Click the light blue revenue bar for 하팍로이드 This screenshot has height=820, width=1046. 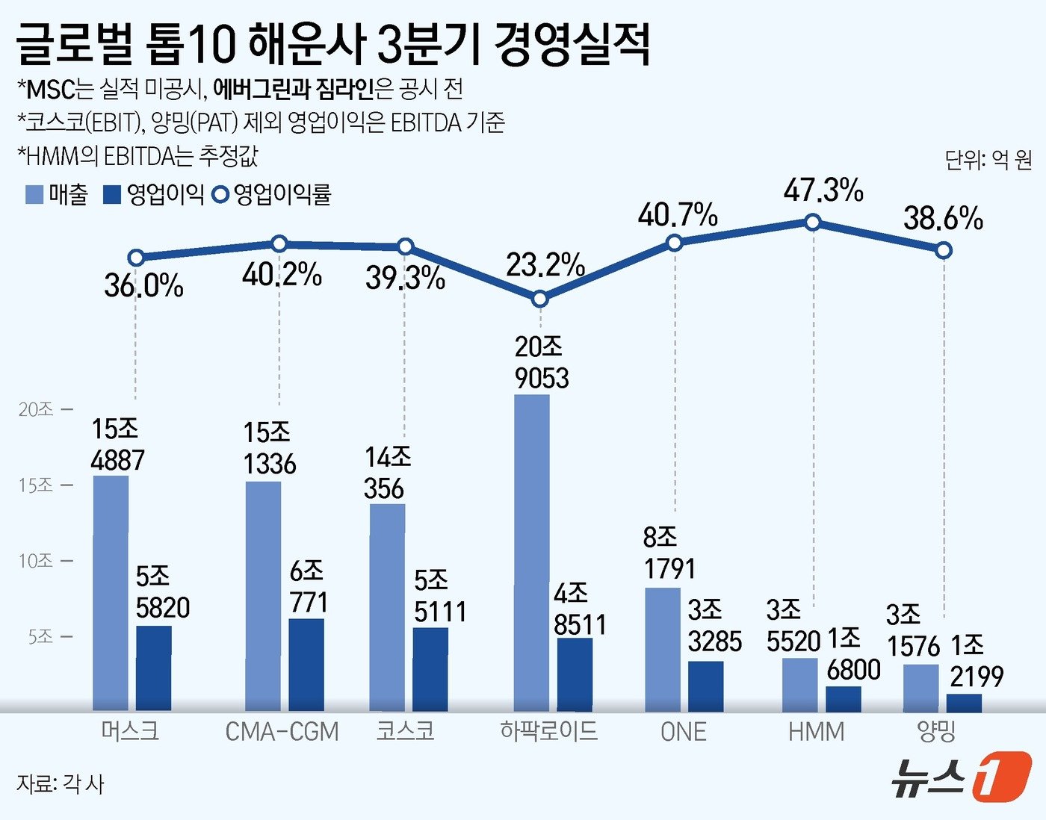point(532,553)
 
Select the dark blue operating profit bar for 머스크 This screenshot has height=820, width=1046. point(154,668)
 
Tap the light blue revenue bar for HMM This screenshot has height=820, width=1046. point(799,685)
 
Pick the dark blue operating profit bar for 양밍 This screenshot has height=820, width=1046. point(964,703)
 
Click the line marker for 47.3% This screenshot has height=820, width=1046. point(813,223)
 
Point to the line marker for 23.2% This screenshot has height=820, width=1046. point(540,299)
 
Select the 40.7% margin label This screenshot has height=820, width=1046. point(678,216)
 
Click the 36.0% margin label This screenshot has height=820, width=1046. point(143,286)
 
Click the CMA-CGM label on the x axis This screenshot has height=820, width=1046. point(282,731)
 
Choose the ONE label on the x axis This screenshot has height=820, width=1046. point(683,731)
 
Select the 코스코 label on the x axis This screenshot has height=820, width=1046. point(406,730)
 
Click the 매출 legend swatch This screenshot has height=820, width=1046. point(34,195)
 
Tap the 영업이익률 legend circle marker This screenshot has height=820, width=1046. point(220,195)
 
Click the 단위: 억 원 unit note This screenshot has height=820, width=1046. point(988,159)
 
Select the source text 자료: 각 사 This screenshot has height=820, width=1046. point(61,784)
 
